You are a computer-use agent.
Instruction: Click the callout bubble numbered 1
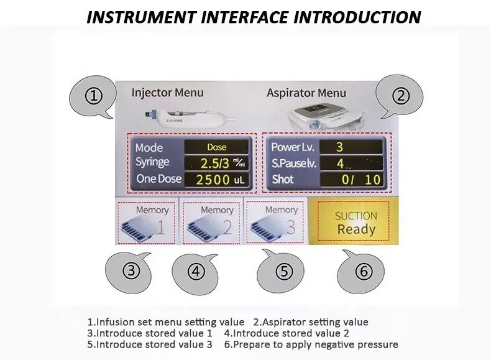tap(92, 96)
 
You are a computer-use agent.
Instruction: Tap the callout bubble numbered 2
tap(400, 96)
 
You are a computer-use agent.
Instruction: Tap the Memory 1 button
tap(146, 223)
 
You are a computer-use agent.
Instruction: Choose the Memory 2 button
tap(211, 223)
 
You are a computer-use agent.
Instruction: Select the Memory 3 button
tap(275, 222)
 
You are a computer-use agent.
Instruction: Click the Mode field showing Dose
tap(216, 147)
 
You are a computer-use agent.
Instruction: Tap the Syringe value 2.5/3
tap(216, 164)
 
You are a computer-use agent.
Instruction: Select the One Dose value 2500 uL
tap(216, 180)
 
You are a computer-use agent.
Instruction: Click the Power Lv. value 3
tap(351, 147)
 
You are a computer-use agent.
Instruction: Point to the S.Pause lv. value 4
tap(351, 164)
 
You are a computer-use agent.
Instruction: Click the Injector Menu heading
tap(168, 93)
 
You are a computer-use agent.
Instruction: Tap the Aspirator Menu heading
tap(306, 93)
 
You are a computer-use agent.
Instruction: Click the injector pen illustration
tap(189, 118)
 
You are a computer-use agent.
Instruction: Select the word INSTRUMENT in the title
tap(141, 17)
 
